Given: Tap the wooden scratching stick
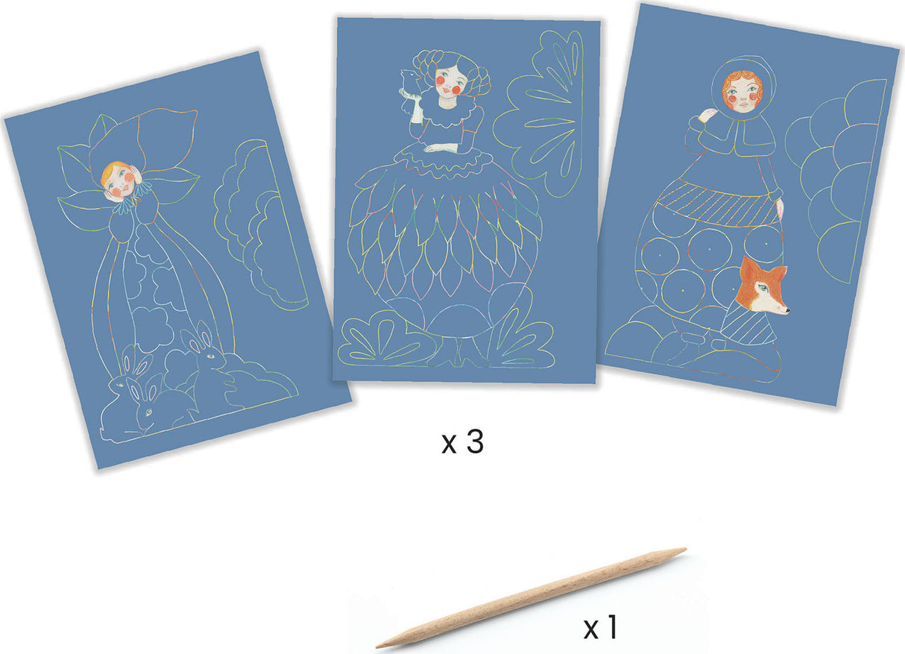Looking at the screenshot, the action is click(x=531, y=598).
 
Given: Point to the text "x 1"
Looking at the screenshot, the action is click(x=601, y=627).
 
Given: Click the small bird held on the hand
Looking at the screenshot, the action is click(x=409, y=83).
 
